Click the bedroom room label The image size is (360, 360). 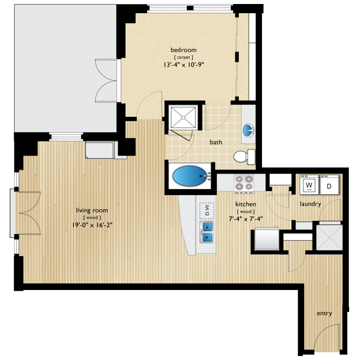[x=184, y=50]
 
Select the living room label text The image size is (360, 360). [x=92, y=210]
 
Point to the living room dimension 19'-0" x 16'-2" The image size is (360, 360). [x=92, y=225]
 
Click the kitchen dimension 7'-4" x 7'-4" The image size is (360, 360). [x=246, y=218]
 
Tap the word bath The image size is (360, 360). [x=216, y=142]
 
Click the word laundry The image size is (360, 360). [x=311, y=204]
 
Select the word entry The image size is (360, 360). [x=324, y=314]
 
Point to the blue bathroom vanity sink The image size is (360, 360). [x=248, y=130]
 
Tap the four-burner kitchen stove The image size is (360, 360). [x=244, y=183]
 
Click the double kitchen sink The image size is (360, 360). [x=207, y=232]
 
